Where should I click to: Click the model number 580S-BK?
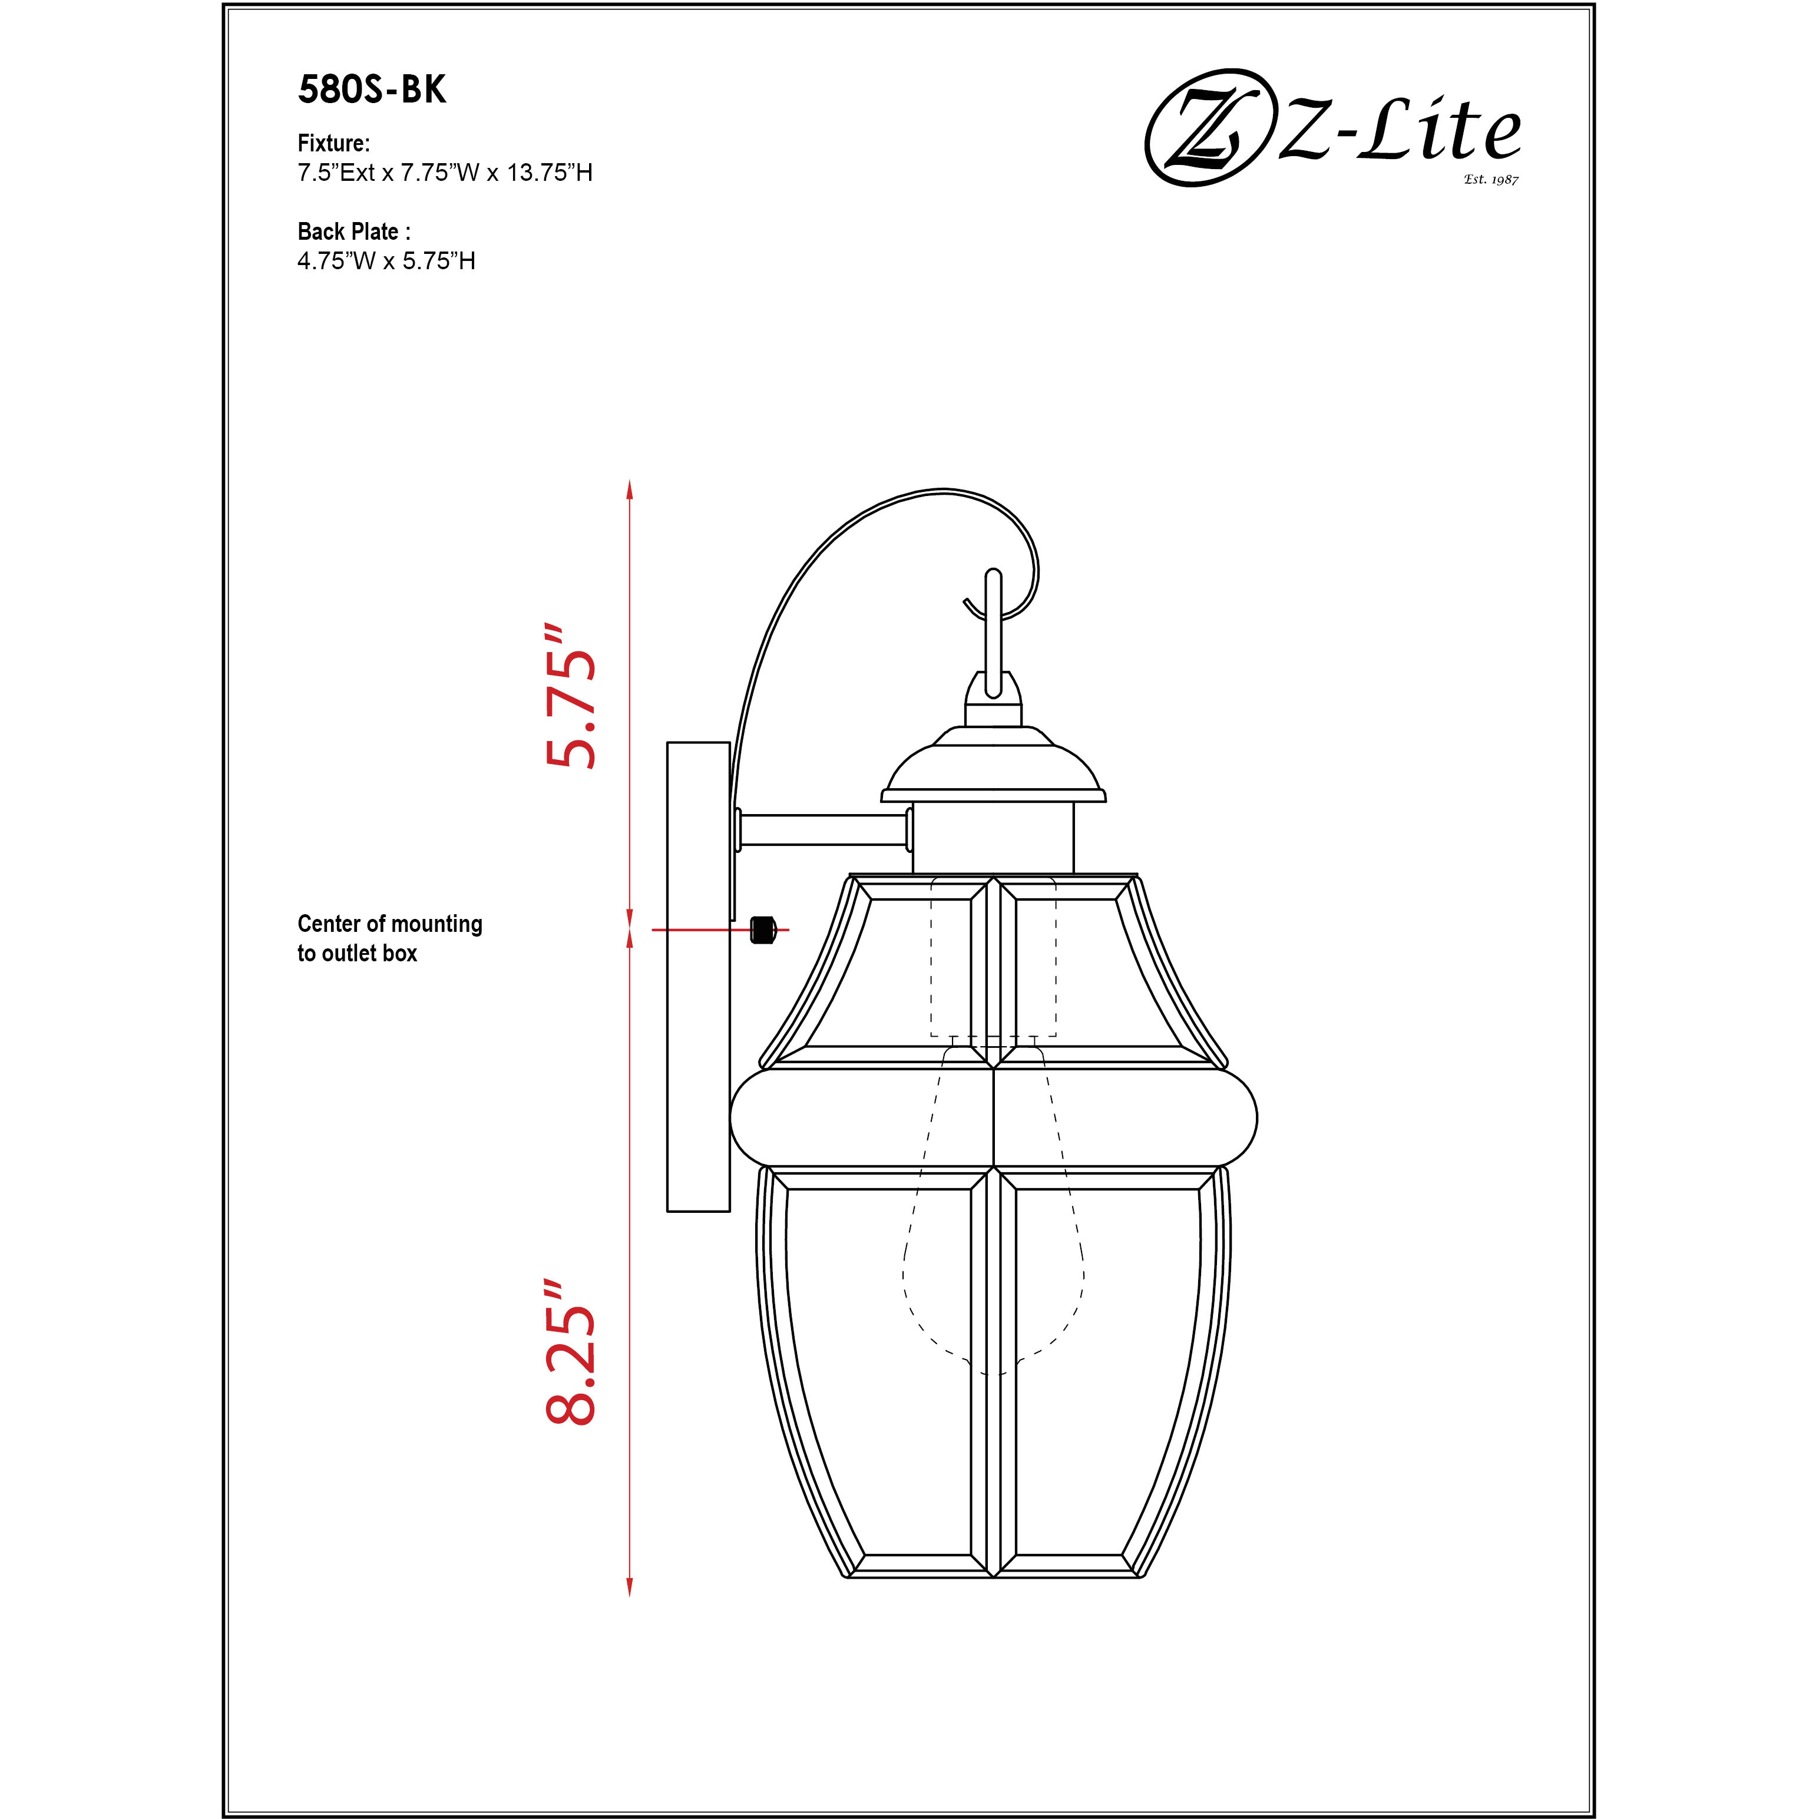(x=372, y=90)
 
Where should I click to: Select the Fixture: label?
(x=333, y=143)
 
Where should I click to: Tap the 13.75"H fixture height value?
(x=550, y=173)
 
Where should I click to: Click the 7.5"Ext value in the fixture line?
(x=336, y=173)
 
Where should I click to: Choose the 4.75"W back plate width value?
(x=336, y=261)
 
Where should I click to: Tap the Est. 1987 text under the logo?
(x=1490, y=179)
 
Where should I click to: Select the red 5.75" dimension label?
(x=571, y=697)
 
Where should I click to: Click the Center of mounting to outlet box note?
(x=390, y=938)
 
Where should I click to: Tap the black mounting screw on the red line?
(x=763, y=930)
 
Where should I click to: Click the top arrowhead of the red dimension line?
(x=630, y=490)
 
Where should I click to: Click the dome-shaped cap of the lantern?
(x=993, y=768)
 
